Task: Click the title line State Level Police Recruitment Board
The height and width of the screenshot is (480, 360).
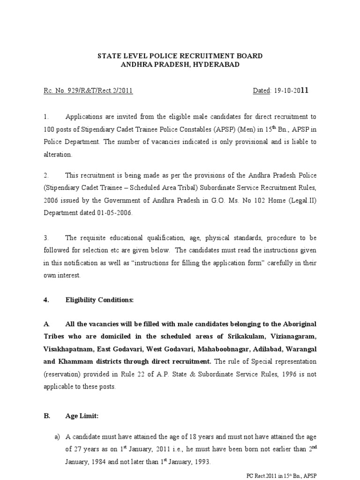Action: point(180,56)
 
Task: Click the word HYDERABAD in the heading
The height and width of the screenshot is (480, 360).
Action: point(214,65)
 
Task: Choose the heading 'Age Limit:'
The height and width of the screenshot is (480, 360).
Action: point(82,415)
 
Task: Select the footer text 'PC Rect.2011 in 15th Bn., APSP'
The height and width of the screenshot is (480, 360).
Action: point(281,475)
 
